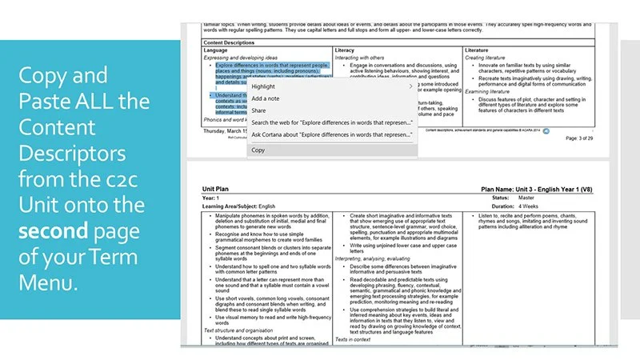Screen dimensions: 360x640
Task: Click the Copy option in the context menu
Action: (x=258, y=150)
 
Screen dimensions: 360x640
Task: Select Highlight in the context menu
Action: (x=263, y=86)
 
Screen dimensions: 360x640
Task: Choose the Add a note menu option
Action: (x=266, y=98)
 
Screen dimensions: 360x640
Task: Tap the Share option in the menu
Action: (x=259, y=110)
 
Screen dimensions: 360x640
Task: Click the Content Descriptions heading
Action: (x=237, y=42)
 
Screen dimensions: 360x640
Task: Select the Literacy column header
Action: (x=346, y=50)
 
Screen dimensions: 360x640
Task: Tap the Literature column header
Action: (x=480, y=50)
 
